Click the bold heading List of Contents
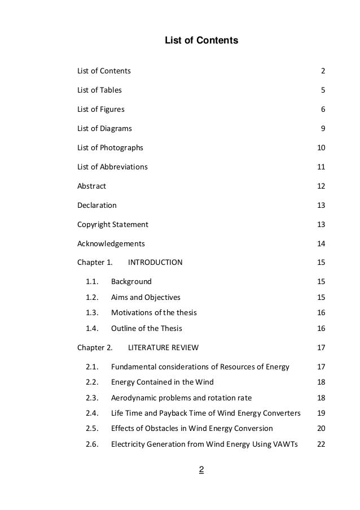[201, 41]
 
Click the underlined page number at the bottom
[201, 469]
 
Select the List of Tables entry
[99, 90]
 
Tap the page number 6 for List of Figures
[323, 109]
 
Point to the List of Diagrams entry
[104, 128]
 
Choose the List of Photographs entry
[110, 147]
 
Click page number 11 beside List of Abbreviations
[322, 167]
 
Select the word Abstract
[91, 186]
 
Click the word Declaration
[97, 205]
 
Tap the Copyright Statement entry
[113, 224]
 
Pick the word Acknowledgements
[111, 243]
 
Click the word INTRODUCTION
[155, 263]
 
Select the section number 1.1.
[92, 281]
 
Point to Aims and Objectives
[146, 297]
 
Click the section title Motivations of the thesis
[153, 312]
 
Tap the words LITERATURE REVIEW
[163, 347]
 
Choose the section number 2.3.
[92, 398]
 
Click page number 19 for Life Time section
[322, 413]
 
